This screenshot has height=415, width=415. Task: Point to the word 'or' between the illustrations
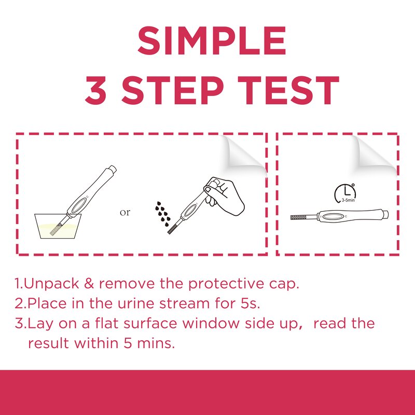click(x=125, y=212)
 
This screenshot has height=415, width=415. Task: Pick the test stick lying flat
click(x=342, y=215)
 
